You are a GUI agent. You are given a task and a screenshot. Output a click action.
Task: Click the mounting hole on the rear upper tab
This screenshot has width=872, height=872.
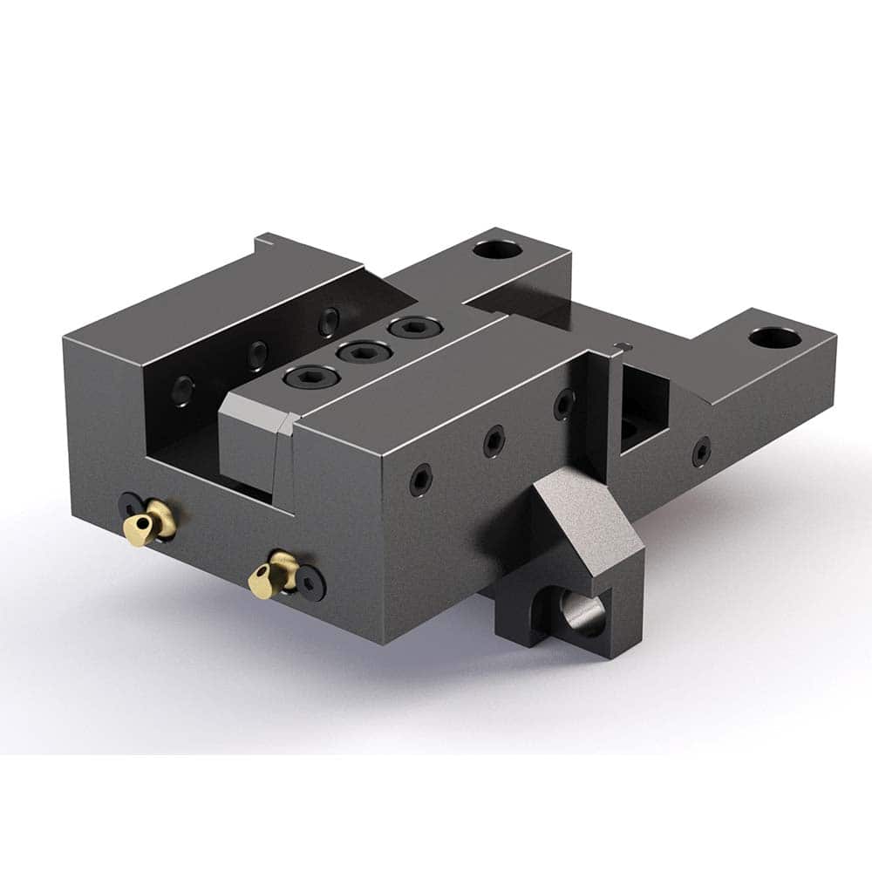pos(497,250)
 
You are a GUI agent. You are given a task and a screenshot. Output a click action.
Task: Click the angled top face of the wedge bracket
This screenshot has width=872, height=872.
pos(589,523)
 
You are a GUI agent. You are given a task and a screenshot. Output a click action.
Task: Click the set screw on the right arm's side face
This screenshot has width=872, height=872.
pos(700,451)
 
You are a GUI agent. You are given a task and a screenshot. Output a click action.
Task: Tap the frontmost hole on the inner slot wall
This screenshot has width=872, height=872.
pos(184,389)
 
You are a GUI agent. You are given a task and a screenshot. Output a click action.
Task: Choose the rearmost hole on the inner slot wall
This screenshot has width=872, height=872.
pos(329,320)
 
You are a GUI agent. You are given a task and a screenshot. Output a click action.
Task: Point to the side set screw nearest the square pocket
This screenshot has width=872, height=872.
pos(564,402)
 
